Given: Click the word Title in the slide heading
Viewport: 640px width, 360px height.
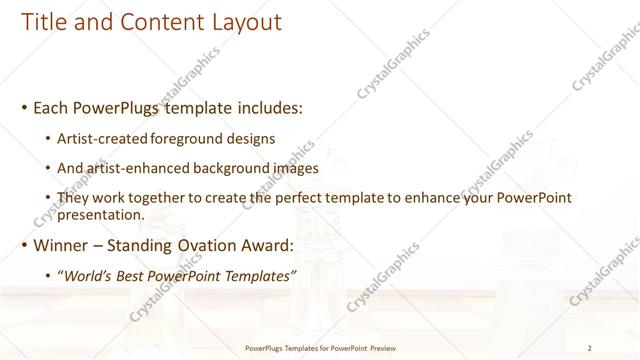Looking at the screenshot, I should click(41, 21).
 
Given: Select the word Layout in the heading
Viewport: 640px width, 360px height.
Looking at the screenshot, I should click(242, 21).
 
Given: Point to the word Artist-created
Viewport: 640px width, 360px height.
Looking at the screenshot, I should click(99, 138).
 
